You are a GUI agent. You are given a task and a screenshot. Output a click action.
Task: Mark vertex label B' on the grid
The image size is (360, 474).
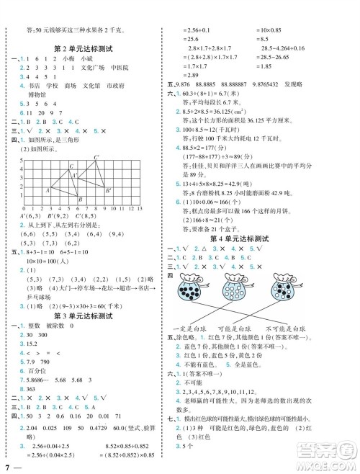coord(108,192)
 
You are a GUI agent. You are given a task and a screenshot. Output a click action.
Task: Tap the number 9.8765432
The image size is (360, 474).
coord(293,84)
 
